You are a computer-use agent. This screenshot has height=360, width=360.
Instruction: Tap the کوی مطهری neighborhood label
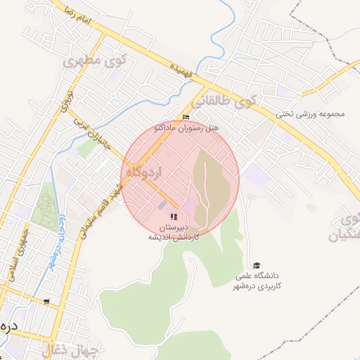[x=92, y=61]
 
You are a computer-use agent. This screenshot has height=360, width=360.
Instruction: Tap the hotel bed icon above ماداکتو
[x=186, y=117]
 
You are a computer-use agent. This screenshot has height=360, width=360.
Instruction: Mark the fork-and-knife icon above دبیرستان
[x=174, y=216]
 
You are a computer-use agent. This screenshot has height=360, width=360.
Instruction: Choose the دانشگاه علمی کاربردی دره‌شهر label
[x=257, y=281]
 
